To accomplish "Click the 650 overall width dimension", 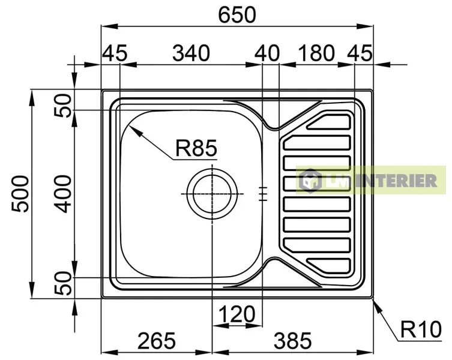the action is tap(237, 15).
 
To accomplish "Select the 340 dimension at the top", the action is tap(191, 53).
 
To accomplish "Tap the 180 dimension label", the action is tap(316, 53).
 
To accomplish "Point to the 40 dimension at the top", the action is tap(267, 53).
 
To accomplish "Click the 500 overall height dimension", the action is tap(20, 194).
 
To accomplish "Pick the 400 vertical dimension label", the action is tap(62, 194).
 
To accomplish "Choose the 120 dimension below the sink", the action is tap(237, 314).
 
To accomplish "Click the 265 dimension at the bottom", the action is tap(157, 341).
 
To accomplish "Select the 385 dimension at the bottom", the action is tap(292, 341).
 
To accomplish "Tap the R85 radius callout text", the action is tap(196, 148).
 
